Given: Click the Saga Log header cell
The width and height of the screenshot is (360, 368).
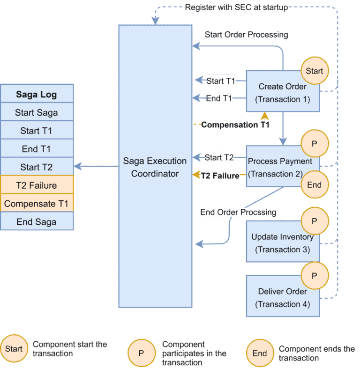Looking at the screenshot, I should [37, 94].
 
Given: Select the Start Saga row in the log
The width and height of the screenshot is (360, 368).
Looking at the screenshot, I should [37, 112].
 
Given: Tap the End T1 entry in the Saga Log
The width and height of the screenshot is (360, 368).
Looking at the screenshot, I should [37, 149].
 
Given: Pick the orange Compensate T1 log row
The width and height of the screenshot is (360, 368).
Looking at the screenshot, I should [37, 204].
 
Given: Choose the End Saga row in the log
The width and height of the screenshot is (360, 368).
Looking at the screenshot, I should [37, 221].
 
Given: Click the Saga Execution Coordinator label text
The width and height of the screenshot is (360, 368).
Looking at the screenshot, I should [155, 167].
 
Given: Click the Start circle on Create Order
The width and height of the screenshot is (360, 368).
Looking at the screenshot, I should [315, 71].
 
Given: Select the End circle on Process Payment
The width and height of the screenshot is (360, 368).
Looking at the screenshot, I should [314, 184].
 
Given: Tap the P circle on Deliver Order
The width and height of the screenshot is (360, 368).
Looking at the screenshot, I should [314, 275].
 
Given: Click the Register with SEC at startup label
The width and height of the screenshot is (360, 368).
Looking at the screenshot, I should [236, 7].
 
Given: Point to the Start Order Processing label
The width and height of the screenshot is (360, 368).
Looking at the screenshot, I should [246, 35].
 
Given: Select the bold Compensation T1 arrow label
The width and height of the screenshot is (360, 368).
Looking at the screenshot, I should [235, 125].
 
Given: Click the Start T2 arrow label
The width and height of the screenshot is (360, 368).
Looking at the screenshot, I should [219, 158].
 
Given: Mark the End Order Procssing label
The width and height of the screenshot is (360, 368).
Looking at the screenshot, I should [238, 212].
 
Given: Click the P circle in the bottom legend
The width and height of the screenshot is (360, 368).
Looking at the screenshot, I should [141, 353].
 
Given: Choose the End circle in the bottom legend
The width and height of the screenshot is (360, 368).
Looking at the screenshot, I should [260, 353].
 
